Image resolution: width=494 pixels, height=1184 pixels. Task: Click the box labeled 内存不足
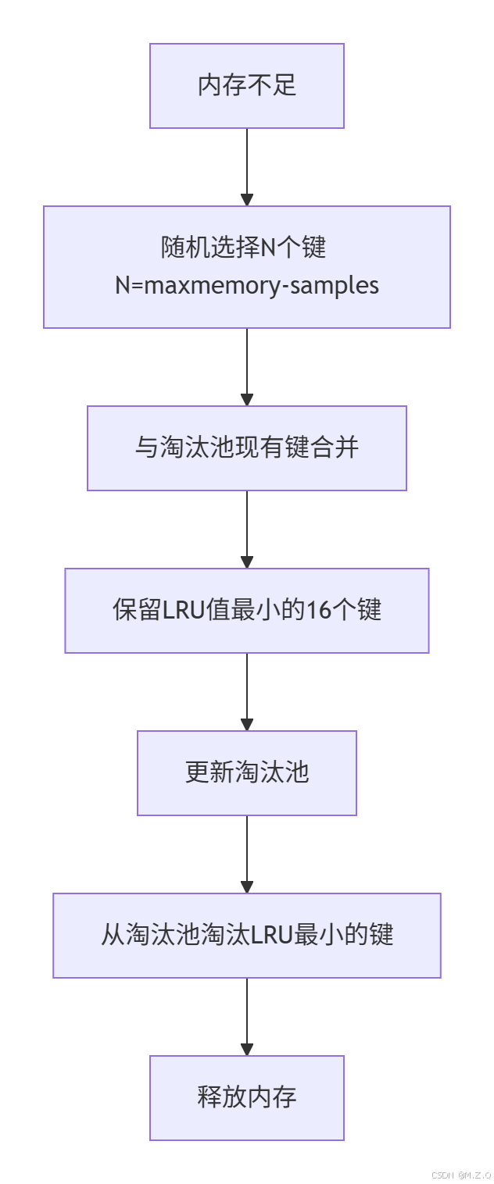[247, 85]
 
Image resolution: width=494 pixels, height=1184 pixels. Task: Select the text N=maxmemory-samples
[247, 285]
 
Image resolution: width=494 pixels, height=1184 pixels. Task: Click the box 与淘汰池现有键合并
[247, 448]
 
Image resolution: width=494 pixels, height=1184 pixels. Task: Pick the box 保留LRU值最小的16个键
[247, 611]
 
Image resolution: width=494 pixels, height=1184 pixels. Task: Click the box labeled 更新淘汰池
[247, 773]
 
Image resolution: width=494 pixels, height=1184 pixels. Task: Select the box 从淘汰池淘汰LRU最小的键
[247, 936]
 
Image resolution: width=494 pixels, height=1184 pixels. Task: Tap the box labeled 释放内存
[247, 1097]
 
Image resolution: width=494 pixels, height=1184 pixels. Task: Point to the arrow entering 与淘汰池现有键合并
[247, 367]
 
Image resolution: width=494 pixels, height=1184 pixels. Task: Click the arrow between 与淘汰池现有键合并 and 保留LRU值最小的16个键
[247, 530]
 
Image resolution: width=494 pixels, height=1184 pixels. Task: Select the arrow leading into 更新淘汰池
[247, 692]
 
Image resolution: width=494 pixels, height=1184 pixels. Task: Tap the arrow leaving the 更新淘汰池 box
[247, 854]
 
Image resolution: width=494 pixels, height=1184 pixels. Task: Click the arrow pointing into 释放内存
[247, 1017]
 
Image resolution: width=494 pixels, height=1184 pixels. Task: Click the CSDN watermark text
[461, 1175]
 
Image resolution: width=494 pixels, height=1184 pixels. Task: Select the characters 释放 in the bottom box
[222, 1097]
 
